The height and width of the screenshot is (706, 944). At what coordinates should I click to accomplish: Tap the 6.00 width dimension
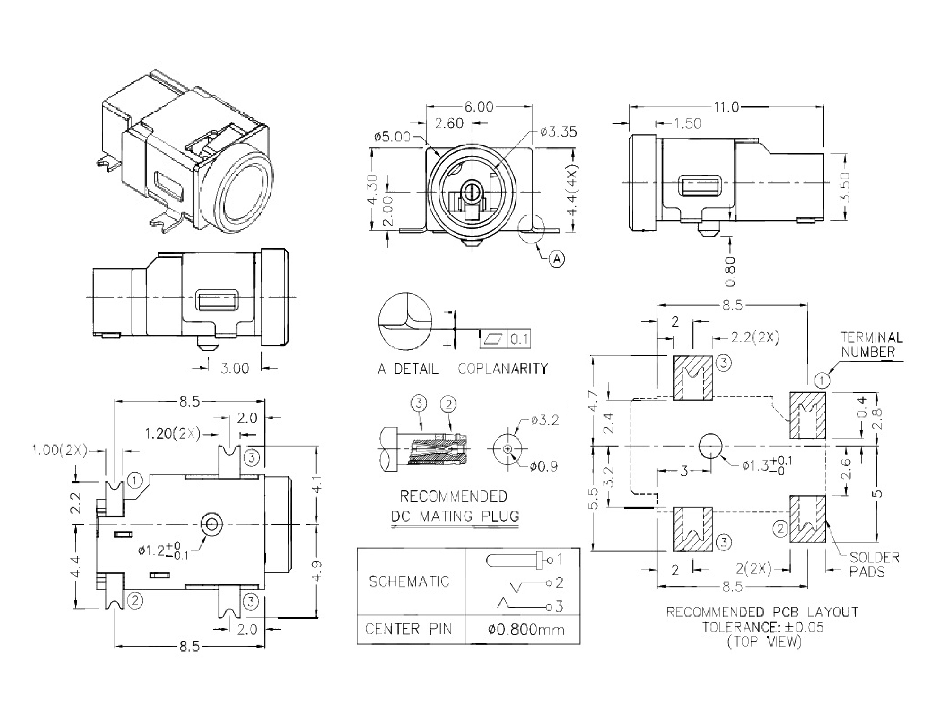click(479, 106)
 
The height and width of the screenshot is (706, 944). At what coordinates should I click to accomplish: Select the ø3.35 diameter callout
click(558, 132)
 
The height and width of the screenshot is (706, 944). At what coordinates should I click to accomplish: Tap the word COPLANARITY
click(503, 368)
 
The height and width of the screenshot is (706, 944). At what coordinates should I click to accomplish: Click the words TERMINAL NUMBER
click(871, 345)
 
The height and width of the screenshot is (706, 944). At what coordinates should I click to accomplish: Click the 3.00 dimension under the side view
click(235, 368)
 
